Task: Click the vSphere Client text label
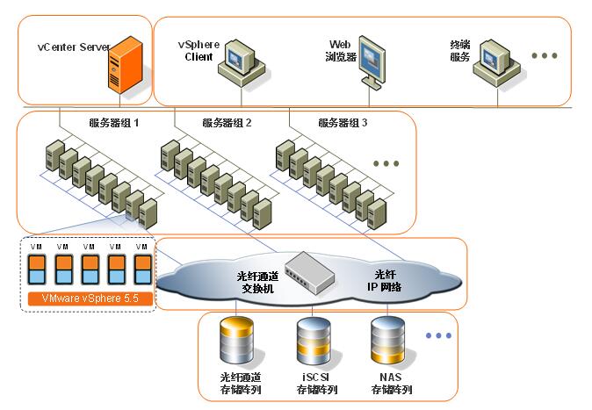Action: point(199,51)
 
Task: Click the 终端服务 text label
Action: point(460,51)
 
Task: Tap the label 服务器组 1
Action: point(114,123)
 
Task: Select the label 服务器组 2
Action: point(227,123)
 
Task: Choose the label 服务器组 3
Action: point(343,123)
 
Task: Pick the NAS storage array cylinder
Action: point(388,341)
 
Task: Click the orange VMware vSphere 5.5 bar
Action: point(84,299)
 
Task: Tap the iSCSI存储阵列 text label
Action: point(314,384)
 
